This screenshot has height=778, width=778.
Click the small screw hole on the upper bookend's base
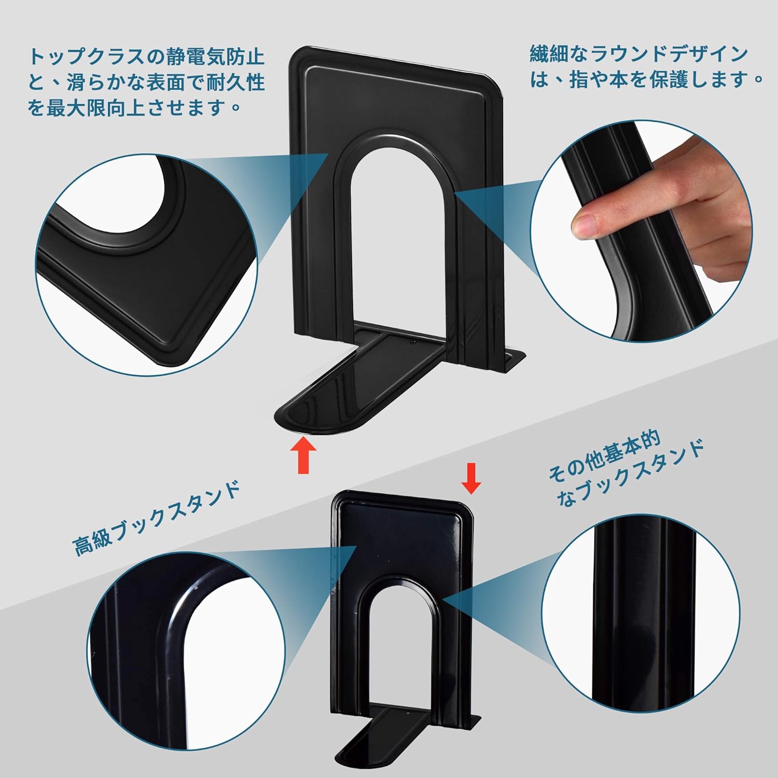(x=413, y=342)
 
